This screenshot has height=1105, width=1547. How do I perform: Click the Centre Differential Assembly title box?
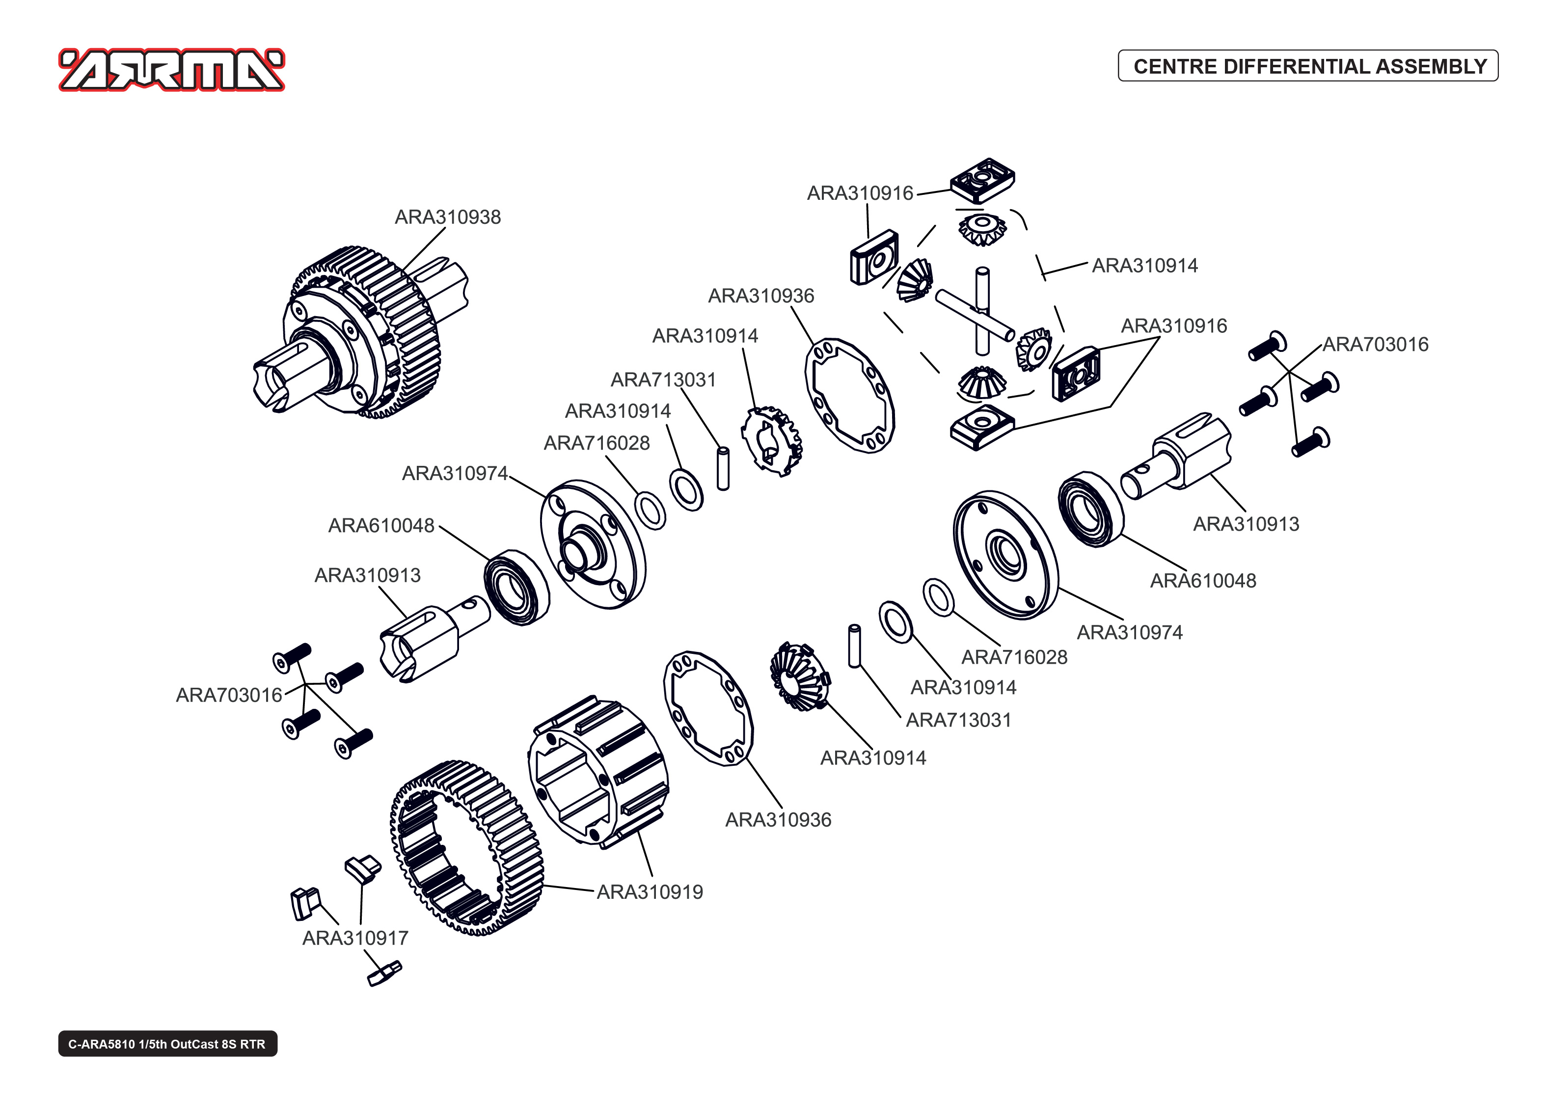[1307, 66]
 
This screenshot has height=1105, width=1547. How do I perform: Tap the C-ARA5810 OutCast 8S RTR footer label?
[167, 1044]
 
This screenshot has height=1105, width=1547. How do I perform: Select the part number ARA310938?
[448, 217]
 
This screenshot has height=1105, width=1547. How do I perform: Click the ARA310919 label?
[650, 892]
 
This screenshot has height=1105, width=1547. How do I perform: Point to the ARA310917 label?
[355, 938]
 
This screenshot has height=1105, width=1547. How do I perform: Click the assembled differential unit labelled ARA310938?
[360, 333]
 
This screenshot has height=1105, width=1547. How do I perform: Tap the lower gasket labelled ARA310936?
[708, 708]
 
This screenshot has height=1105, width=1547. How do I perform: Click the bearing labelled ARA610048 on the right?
[1090, 509]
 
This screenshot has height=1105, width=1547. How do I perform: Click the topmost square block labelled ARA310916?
[982, 180]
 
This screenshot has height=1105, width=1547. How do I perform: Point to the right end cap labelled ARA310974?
[1005, 555]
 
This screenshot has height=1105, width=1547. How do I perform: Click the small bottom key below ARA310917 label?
[384, 973]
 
